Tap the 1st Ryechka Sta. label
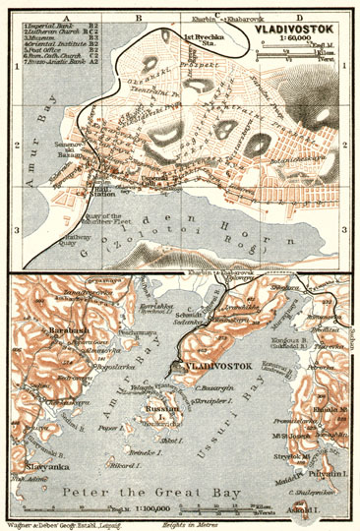coord(202,40)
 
